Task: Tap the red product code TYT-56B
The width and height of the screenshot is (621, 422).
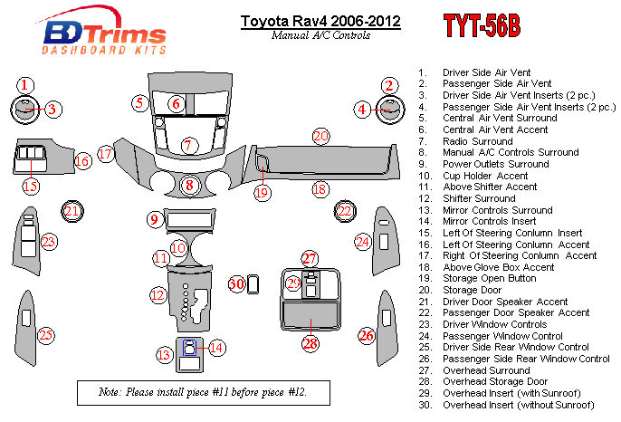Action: point(482,25)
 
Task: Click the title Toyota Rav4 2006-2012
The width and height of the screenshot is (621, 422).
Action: point(320,21)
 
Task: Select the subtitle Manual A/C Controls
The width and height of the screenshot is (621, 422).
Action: point(320,35)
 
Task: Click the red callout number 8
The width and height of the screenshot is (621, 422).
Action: point(189,185)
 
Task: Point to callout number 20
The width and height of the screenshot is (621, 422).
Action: point(320,137)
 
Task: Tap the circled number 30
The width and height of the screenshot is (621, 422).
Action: point(236,283)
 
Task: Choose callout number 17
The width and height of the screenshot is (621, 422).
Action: point(106,154)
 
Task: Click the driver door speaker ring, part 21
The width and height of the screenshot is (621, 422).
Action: point(72,211)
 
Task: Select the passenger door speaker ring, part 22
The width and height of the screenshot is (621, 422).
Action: point(345,211)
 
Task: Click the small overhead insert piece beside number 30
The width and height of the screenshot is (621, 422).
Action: point(253,284)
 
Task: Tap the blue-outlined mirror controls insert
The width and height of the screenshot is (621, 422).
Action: point(190,348)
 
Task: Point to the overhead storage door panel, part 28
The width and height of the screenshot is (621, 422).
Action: point(310,315)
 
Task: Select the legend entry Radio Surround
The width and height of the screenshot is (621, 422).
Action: point(478,141)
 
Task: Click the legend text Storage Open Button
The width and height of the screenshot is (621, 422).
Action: point(490,278)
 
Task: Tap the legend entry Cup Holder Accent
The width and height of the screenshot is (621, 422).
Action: point(485,176)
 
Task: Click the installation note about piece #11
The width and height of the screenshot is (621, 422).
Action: point(203,392)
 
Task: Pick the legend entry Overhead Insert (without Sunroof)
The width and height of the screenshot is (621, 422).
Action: point(519,405)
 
